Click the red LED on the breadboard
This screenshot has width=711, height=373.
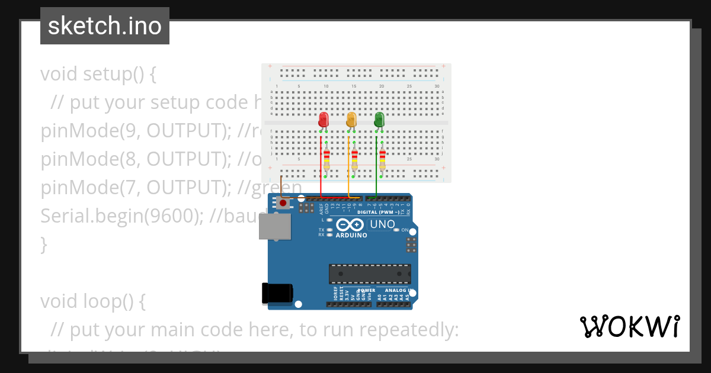click(323, 120)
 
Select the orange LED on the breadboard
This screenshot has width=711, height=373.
click(351, 120)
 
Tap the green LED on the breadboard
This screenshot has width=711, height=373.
click(379, 120)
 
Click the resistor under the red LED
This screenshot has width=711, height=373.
click(326, 158)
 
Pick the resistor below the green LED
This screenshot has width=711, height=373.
click(382, 158)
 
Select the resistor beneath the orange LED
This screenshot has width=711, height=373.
click(354, 158)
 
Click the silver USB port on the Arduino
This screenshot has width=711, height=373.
click(275, 226)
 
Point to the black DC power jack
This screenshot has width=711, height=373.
click(277, 293)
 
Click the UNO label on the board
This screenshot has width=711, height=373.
click(382, 224)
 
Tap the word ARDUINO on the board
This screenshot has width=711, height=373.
click(351, 235)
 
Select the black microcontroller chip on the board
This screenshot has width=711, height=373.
click(370, 274)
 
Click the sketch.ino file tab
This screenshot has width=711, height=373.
click(105, 26)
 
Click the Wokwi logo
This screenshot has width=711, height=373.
click(630, 327)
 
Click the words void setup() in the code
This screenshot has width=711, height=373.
click(98, 74)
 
